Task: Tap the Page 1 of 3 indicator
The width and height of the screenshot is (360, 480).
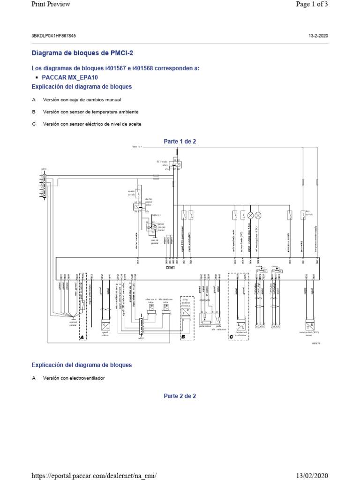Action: [x=311, y=4]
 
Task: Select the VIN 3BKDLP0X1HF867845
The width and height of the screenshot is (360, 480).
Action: [x=53, y=36]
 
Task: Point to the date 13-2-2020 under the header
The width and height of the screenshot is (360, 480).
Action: [x=318, y=36]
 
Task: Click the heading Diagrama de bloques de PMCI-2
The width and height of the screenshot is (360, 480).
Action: [x=78, y=53]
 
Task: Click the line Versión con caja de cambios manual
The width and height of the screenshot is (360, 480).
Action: [x=82, y=100]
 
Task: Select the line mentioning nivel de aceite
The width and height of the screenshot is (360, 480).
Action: [x=92, y=124]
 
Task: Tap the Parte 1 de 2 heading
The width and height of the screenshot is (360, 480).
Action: [x=180, y=142]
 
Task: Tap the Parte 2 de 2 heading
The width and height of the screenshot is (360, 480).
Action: [x=180, y=396]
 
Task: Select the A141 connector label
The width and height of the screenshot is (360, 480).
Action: [x=44, y=169]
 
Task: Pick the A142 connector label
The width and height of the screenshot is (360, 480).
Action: [x=141, y=337]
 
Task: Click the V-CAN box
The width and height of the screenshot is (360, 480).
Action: [x=259, y=326]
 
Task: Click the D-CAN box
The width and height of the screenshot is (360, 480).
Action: [x=275, y=326]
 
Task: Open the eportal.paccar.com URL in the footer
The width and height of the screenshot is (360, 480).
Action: [x=93, y=476]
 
